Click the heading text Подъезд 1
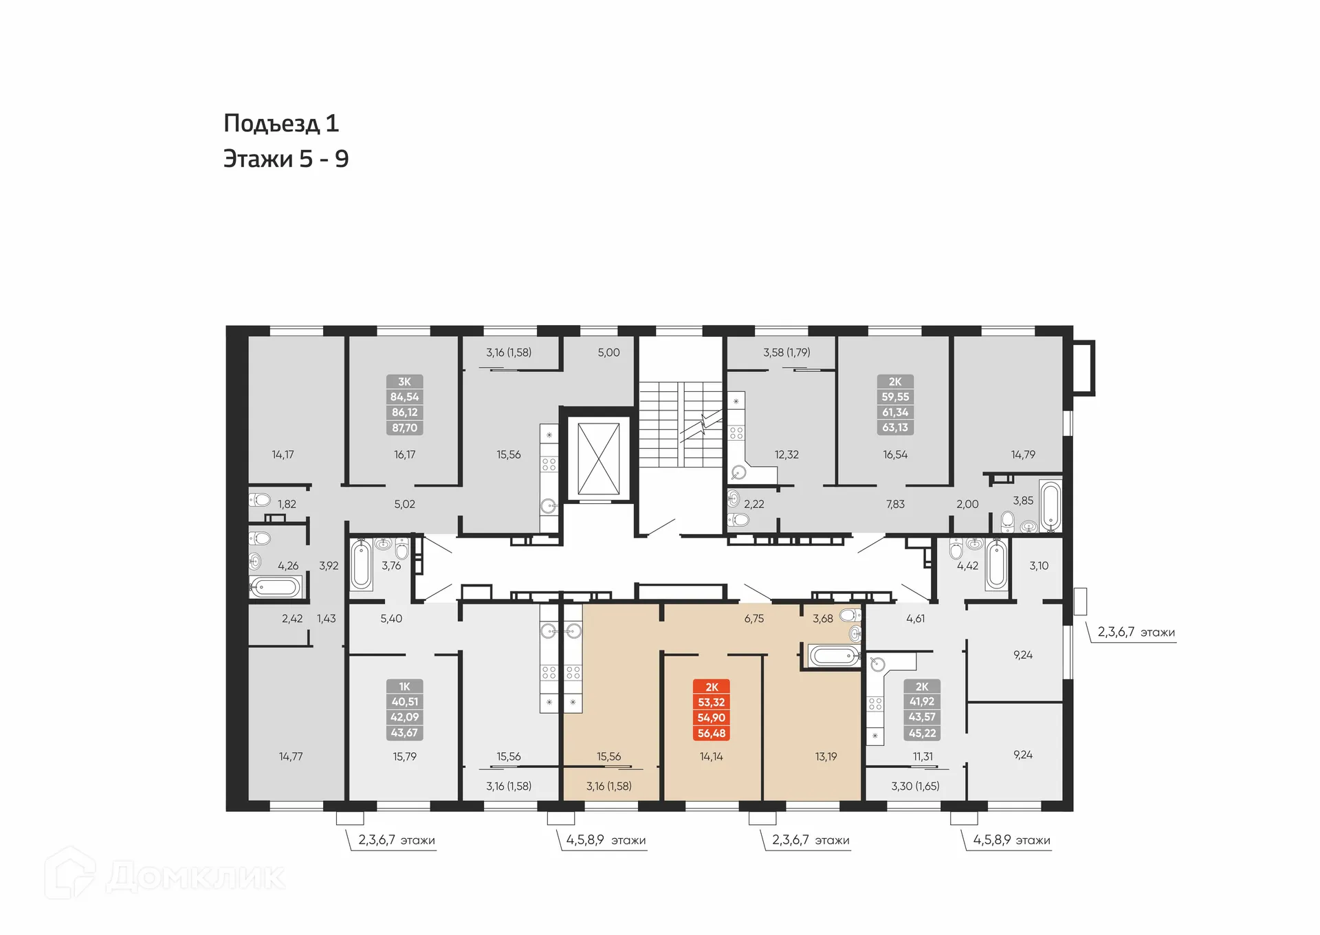point(281,124)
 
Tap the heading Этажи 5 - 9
point(286,159)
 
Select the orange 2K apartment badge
point(712,687)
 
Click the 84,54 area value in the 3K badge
point(404,397)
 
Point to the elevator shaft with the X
point(598,459)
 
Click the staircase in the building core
point(680,424)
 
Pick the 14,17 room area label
point(283,454)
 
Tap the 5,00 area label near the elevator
point(608,353)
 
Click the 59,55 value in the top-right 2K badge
point(895,397)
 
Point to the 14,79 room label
point(1023,454)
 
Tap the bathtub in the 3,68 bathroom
point(833,655)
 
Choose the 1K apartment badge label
point(404,686)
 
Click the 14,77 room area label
point(290,756)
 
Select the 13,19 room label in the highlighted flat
point(826,756)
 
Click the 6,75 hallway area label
point(753,619)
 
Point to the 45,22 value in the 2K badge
point(922,734)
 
